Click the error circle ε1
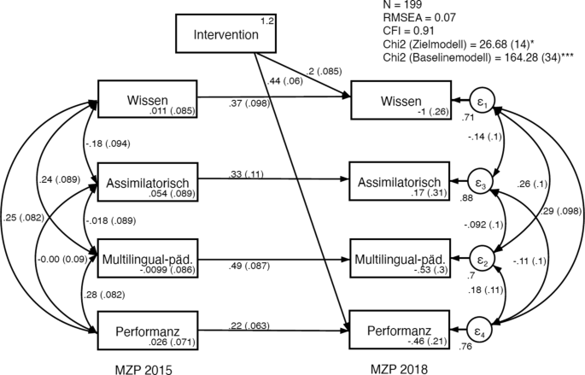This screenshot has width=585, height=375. (x=483, y=102)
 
